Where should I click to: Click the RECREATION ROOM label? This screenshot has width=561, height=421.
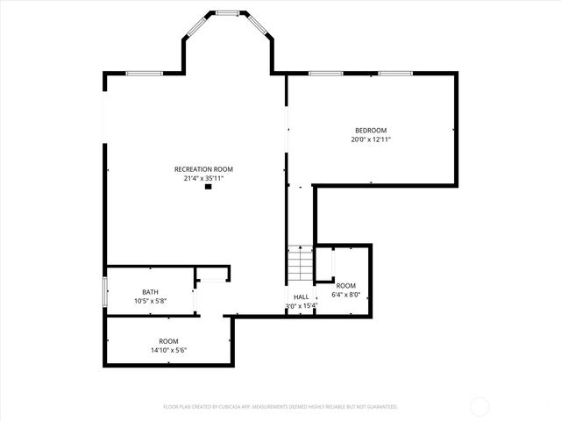coord(203,169)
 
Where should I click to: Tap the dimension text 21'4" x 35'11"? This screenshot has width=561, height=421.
coord(203,178)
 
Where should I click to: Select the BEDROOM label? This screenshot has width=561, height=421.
coord(370,131)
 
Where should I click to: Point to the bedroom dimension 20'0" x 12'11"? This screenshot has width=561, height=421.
coord(370,139)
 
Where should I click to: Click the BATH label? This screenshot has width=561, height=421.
coord(150,292)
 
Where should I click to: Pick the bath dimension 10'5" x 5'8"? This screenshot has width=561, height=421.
coord(150,301)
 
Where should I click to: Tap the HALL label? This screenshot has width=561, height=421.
coord(300,297)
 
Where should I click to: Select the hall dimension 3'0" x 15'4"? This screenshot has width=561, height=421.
coord(300,306)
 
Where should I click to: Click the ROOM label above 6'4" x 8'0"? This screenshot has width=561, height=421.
coord(346,286)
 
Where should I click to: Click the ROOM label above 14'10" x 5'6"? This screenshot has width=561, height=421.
coord(168,341)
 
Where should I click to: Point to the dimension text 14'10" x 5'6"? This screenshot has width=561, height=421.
coord(168,350)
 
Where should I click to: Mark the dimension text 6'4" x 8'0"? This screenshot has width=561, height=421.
coord(346,295)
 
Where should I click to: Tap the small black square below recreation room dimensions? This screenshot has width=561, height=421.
coord(208,187)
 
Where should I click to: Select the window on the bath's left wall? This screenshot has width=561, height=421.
coord(105,291)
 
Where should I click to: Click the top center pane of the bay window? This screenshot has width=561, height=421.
coord(228,12)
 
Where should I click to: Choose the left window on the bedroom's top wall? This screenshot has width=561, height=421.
coord(325,74)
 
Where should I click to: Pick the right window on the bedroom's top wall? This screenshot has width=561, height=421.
coord(394,74)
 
